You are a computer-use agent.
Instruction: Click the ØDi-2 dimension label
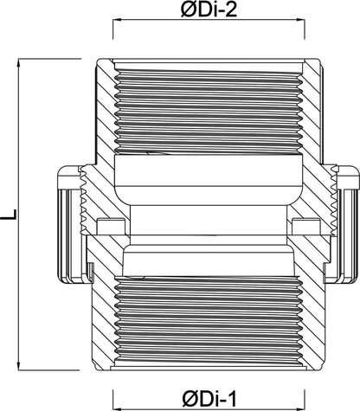coord(209,10)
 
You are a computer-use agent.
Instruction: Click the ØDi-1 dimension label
coord(209,399)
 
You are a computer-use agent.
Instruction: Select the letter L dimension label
coord(9,215)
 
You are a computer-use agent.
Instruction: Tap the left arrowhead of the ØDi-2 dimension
coord(117,20)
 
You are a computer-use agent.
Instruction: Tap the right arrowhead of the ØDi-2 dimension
coord(301,20)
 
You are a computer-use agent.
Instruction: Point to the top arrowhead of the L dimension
coord(19,62)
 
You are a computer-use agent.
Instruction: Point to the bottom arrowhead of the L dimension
coord(19,366)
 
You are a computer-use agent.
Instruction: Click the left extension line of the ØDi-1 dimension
coord(112,400)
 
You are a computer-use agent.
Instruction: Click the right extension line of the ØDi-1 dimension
coord(305,400)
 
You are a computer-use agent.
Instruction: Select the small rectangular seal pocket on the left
coord(111,227)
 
